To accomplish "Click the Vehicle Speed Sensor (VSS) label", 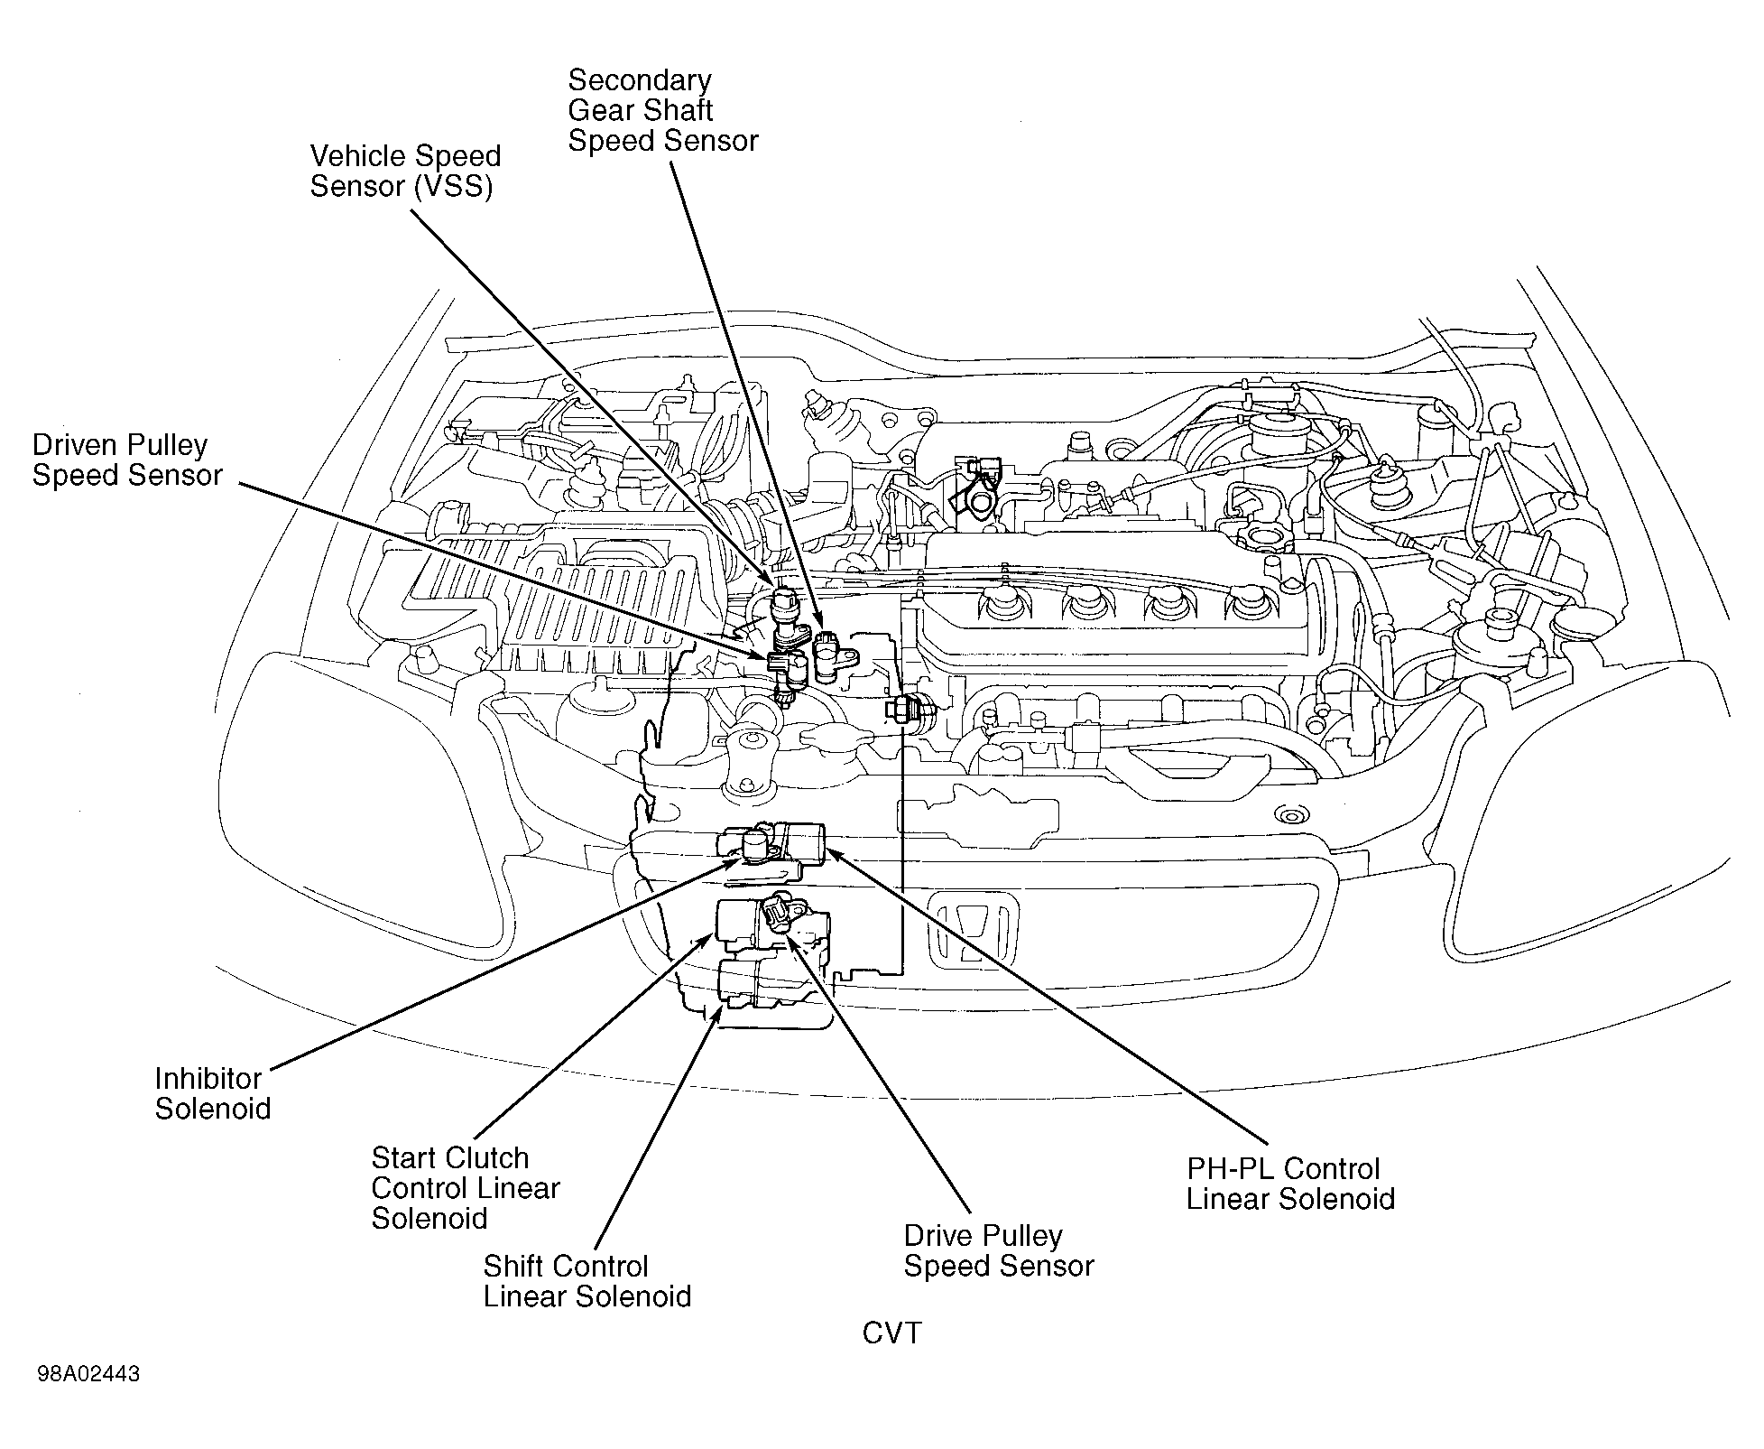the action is pos(405,172).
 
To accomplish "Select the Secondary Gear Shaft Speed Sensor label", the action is pos(663,111).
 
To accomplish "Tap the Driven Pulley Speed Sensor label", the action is pos(127,460).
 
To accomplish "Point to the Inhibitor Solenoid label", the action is pos(213,1093).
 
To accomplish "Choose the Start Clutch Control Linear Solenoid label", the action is pos(466,1188).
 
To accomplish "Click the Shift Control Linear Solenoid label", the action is pos(587,1282).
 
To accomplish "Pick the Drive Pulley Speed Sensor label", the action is pos(999,1251).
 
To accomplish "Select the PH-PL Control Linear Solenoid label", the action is pos(1290,1184).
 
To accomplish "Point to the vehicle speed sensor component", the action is pos(788,615).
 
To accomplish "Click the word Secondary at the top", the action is pos(640,80).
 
